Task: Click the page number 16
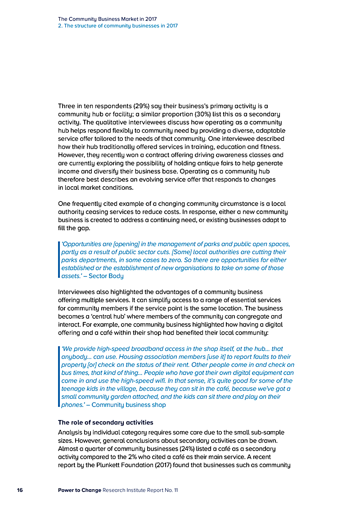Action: coord(20,490)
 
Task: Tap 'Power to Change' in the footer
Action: coord(79,490)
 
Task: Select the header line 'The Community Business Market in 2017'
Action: coord(107,19)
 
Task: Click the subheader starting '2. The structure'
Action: coord(118,26)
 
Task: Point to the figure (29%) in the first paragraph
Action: coord(143,106)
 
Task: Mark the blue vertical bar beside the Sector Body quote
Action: coord(59,260)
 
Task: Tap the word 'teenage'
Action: coord(72,389)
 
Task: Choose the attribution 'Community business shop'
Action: coord(129,405)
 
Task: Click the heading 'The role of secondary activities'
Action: coord(106,423)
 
